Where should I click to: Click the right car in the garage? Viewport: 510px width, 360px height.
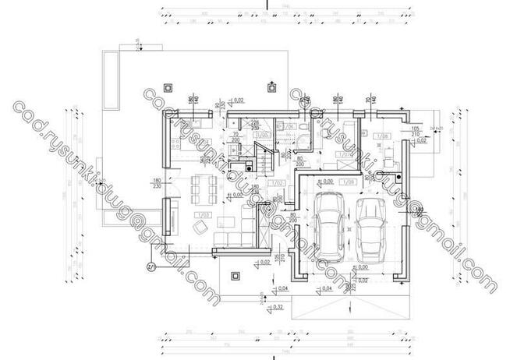[x=372, y=229]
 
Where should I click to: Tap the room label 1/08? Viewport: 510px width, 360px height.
[x=384, y=137]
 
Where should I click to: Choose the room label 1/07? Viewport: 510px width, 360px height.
[x=341, y=154]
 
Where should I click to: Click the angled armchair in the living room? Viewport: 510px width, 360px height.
[x=200, y=226]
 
